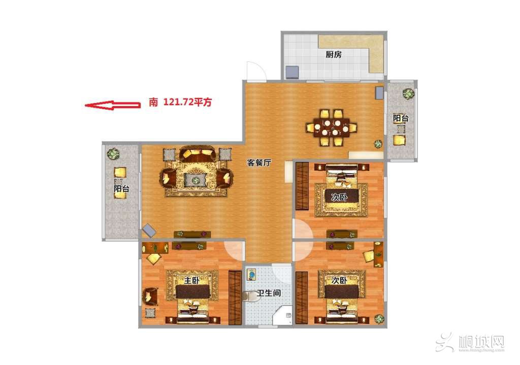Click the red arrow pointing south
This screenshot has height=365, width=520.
(112, 105)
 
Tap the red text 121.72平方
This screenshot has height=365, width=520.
(187, 102)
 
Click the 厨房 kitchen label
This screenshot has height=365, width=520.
(333, 54)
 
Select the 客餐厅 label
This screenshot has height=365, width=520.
(259, 162)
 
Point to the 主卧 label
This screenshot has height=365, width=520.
(191, 280)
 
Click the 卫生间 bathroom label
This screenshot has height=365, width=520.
(269, 293)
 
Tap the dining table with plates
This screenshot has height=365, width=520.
(332, 127)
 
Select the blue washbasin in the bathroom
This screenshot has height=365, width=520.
(252, 275)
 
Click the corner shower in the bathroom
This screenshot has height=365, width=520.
(282, 315)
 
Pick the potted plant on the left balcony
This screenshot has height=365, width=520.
(113, 154)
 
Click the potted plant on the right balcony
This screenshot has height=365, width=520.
(408, 93)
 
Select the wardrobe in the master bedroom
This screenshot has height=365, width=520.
(235, 297)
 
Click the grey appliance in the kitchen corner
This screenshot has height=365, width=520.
(292, 72)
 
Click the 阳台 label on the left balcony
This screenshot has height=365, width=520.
(121, 189)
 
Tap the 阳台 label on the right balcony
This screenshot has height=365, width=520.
(401, 118)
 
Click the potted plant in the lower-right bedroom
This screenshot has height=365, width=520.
(379, 319)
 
